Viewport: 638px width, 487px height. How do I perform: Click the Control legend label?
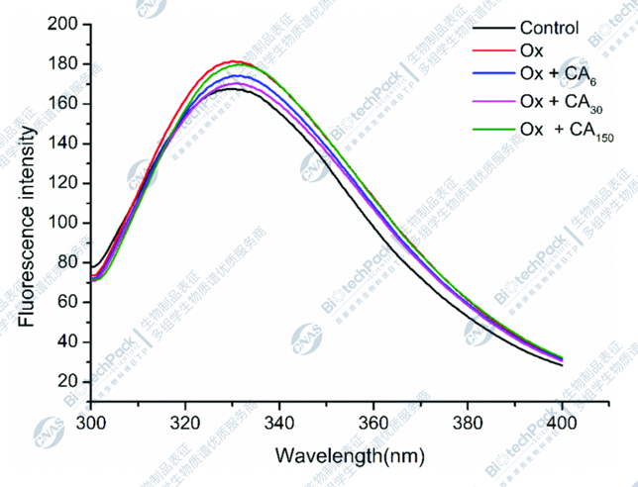coord(549,30)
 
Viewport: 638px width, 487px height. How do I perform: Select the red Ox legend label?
coord(532,51)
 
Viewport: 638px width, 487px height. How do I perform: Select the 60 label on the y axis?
coord(69,302)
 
